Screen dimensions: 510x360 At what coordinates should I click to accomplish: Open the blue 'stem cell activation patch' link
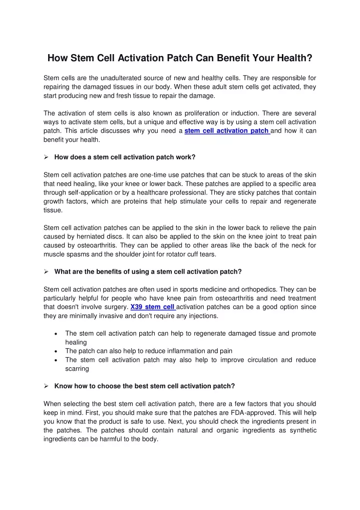pyautogui.click(x=227, y=131)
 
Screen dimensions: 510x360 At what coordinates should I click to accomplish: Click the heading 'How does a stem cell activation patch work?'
pyautogui.click(x=125, y=157)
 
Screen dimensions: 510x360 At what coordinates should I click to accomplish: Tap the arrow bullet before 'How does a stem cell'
pyautogui.click(x=46, y=157)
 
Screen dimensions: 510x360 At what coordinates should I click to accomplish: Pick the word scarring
pyautogui.click(x=77, y=369)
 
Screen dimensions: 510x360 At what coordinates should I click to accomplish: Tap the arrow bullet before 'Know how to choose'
pyautogui.click(x=46, y=386)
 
